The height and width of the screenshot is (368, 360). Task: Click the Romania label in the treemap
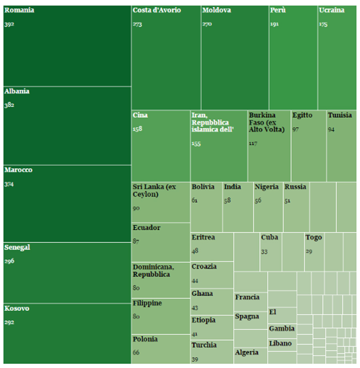pos(19,10)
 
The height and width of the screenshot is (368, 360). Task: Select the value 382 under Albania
pos(9,105)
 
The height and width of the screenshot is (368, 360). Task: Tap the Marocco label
pos(18,170)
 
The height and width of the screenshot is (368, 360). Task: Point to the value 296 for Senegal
pos(9,261)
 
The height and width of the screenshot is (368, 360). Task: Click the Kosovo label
pos(17,309)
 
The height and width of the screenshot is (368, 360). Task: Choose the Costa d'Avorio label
pos(157,10)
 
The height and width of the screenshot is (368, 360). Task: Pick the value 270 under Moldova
pos(207,24)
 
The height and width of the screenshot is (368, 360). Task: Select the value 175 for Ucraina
pos(323,24)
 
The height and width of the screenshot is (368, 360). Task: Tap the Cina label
pos(140,115)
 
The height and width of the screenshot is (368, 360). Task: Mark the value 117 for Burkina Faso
pos(253,143)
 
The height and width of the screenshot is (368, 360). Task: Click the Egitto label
pos(302,115)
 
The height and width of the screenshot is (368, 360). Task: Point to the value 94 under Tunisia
pos(331,130)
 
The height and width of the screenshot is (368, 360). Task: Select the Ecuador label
pos(146,228)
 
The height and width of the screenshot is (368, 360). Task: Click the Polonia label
pos(145,339)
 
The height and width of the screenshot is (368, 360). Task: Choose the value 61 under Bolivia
pos(194,201)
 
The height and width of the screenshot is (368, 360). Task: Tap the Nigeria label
pos(266,187)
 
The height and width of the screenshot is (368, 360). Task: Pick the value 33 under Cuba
pos(264,252)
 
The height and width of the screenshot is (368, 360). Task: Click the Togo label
pos(314,237)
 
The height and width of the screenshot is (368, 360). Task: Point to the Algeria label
pos(247,353)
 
